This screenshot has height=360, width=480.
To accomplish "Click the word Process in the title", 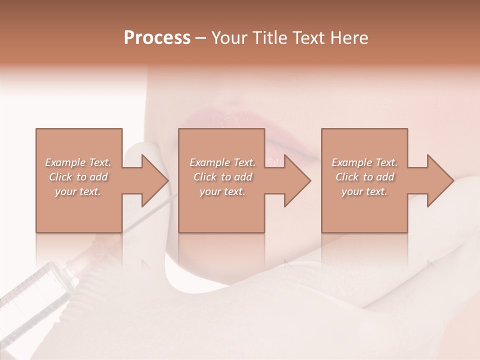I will coord(157,38).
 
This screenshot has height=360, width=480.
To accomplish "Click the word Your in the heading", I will coord(229,38).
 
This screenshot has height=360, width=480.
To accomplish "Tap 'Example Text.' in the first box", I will coord(78,162).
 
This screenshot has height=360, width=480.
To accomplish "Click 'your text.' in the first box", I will coord(78,191).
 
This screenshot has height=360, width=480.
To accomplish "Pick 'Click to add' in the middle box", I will coord(222,177).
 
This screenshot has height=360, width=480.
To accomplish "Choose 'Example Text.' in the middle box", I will coord(222,162).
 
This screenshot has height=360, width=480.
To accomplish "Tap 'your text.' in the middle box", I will coord(222,191).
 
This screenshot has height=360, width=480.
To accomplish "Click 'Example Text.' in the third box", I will coord(364,162).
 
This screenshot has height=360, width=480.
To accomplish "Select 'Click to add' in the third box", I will coord(364,177).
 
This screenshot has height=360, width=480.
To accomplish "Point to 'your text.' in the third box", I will coord(364,191).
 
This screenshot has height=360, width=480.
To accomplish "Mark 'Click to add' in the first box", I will coord(78,177).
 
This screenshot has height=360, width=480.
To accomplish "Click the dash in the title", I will coord(200,38).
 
